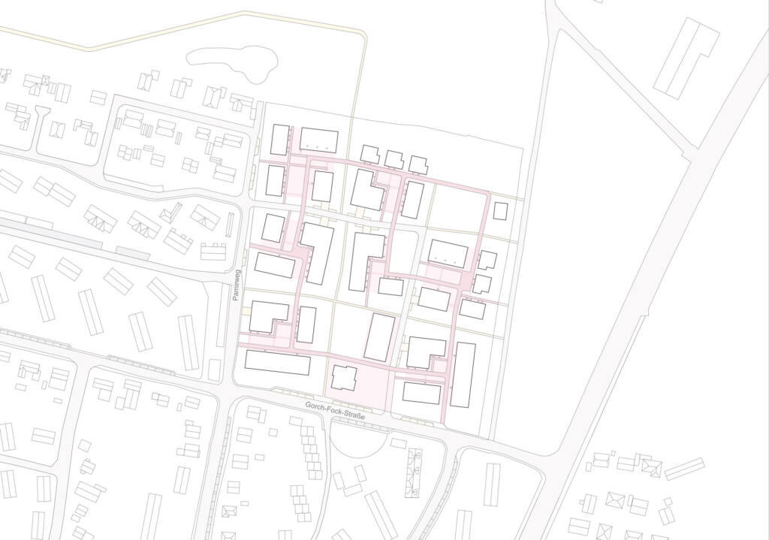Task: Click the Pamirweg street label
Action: (235, 286)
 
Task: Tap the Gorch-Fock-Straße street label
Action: (335, 411)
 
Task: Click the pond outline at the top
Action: (232, 61)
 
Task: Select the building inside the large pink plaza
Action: (344, 377)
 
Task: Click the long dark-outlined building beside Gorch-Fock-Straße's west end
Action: (277, 363)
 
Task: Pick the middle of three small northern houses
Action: (394, 159)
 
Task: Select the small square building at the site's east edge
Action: (500, 210)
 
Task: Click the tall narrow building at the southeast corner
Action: (463, 375)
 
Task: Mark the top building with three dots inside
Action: (319, 140)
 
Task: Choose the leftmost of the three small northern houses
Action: (369, 154)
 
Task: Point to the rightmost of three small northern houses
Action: (418, 164)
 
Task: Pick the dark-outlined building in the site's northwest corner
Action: (280, 140)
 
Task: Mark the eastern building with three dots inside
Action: (448, 254)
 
